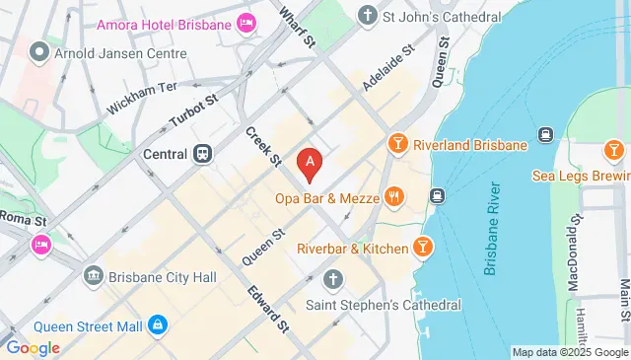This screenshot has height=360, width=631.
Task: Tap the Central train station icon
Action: pos(203,153)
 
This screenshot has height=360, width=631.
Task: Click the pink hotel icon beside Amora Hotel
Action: pos(245,21)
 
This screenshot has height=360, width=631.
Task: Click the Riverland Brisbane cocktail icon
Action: pos(398,144)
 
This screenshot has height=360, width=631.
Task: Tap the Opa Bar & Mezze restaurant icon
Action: pos(394,195)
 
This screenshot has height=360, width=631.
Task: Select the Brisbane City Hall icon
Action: pos(93,277)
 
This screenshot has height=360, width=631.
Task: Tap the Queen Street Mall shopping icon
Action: pos(157,324)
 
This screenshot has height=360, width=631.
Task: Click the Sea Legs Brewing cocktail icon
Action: pos(612,150)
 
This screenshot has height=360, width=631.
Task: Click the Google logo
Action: pos(33,347)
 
